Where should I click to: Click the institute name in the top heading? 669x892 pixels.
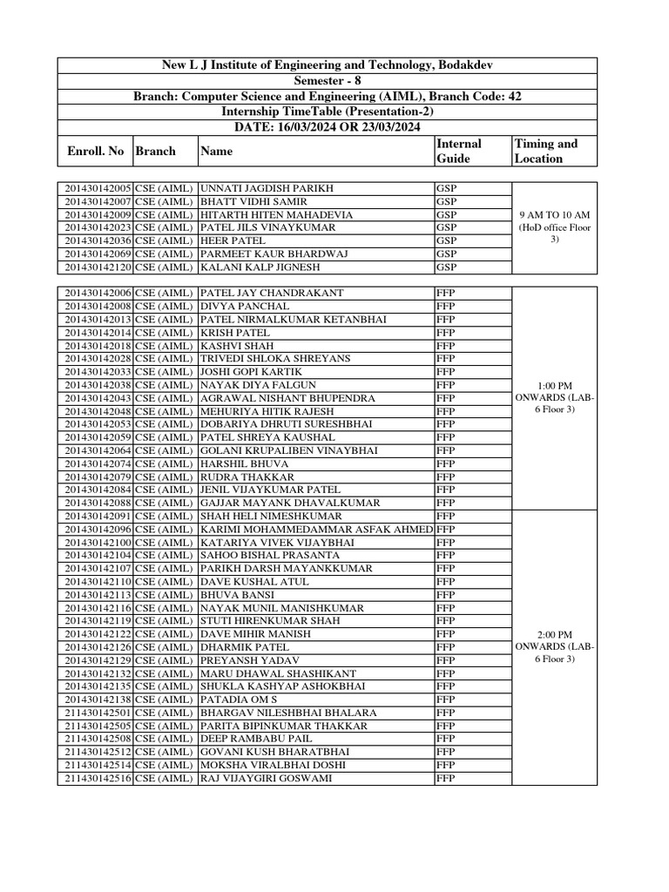pyautogui.click(x=328, y=65)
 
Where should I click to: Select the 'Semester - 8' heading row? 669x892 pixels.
pyautogui.click(x=328, y=81)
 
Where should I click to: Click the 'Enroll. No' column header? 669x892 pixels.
pyautogui.click(x=96, y=151)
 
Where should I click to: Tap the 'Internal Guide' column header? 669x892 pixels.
pyautogui.click(x=458, y=151)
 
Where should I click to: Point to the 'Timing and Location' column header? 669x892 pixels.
pyautogui.click(x=546, y=151)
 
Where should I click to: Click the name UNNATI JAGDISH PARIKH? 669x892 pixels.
pyautogui.click(x=267, y=188)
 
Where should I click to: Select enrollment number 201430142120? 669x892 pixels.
pyautogui.click(x=96, y=267)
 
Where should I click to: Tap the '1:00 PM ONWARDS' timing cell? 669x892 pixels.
pyautogui.click(x=555, y=397)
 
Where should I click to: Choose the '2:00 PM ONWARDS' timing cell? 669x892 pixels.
pyautogui.click(x=555, y=646)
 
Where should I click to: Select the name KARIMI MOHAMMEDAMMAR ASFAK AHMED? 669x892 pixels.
pyautogui.click(x=316, y=529)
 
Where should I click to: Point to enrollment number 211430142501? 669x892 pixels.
pyautogui.click(x=96, y=712)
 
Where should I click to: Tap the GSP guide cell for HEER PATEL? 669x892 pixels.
pyautogui.click(x=446, y=240)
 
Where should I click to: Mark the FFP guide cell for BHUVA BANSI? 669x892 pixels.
pyautogui.click(x=445, y=594)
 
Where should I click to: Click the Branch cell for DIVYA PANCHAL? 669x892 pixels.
pyautogui.click(x=165, y=306)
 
